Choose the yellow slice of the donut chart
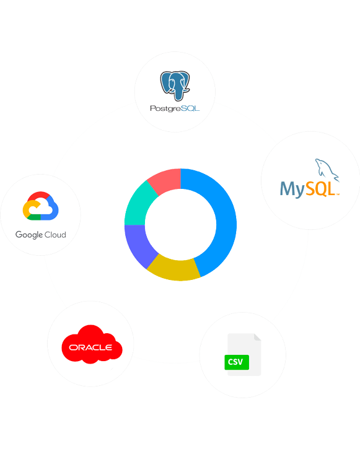[174, 270]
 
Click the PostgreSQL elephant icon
[175, 86]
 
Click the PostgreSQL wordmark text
[175, 108]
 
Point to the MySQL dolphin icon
[327, 170]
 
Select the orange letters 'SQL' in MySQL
[320, 189]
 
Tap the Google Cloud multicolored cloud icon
[40, 206]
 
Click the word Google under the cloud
[29, 235]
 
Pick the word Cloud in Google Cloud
[55, 235]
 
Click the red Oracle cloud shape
[92, 344]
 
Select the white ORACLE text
[90, 347]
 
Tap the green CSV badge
[237, 362]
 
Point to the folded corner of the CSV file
[257, 337]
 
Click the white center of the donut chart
[180, 224]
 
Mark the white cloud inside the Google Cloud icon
[42, 209]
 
